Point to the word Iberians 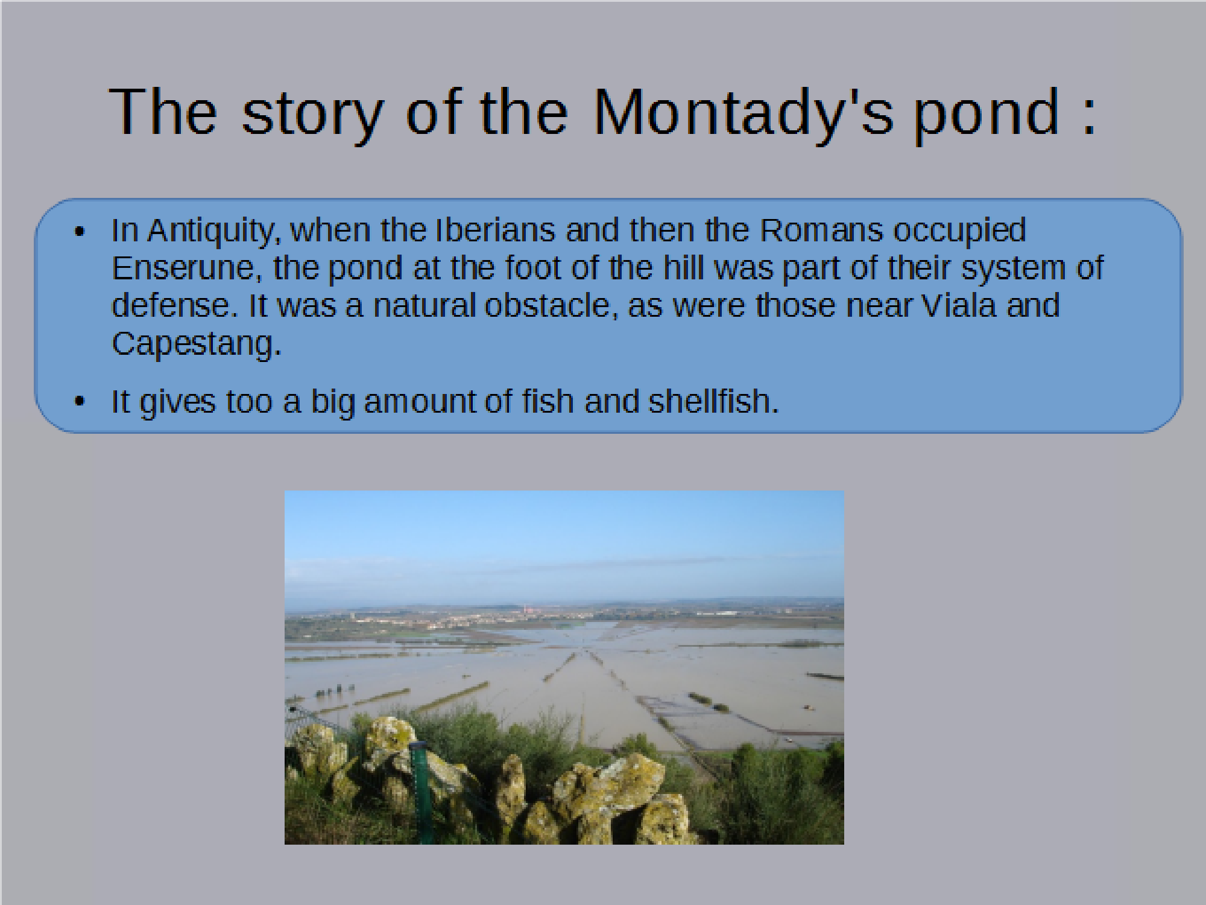494,230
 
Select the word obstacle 551,305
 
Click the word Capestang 197,345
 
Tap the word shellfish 713,401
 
